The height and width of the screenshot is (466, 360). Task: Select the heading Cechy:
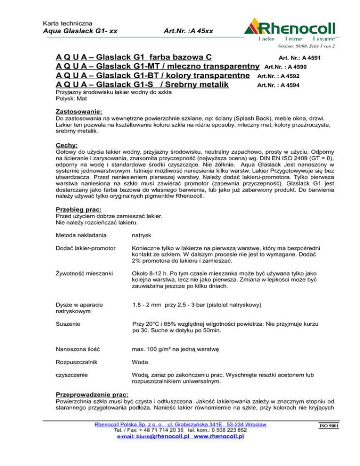click(67, 146)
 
